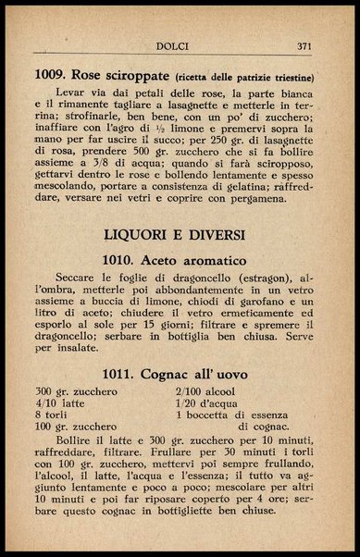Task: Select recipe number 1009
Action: [53, 75]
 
